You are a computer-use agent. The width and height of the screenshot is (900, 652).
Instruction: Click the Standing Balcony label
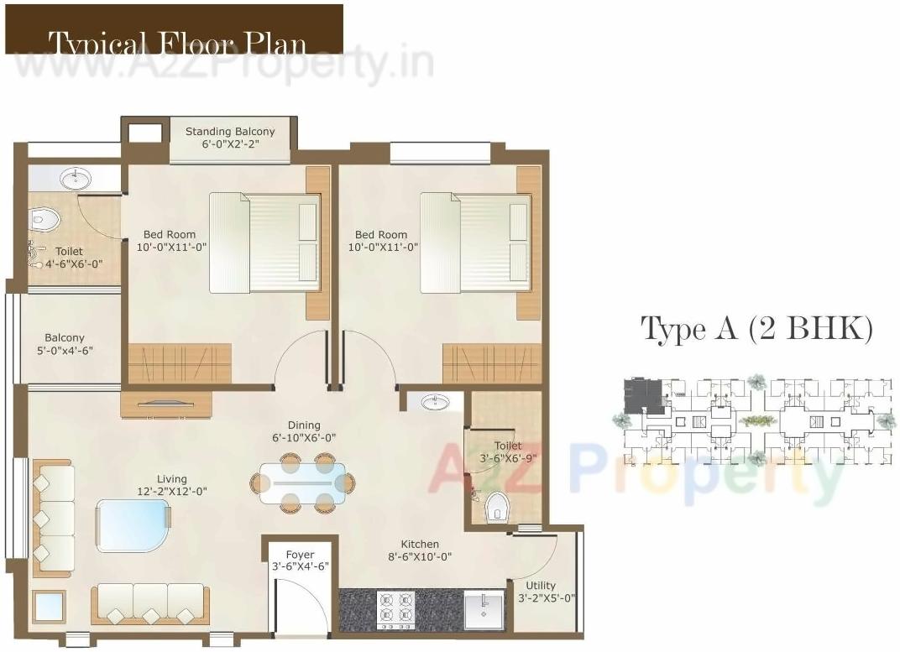(x=230, y=132)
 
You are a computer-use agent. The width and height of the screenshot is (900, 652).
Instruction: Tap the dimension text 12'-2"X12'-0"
(x=171, y=492)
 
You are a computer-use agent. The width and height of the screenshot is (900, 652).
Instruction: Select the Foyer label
(x=300, y=555)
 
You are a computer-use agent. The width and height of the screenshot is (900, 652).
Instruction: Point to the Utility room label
(x=541, y=586)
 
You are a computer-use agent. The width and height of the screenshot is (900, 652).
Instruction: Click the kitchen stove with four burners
(x=396, y=610)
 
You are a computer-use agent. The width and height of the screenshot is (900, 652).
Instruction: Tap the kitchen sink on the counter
(x=484, y=610)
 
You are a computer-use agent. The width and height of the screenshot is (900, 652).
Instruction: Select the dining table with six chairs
(x=302, y=483)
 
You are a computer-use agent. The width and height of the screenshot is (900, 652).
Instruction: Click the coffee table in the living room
(x=133, y=525)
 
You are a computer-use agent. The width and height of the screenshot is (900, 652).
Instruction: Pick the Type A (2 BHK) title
(x=756, y=328)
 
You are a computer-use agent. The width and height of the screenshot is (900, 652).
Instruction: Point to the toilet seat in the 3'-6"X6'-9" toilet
(x=498, y=507)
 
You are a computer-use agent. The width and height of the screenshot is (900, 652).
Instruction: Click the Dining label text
(x=304, y=425)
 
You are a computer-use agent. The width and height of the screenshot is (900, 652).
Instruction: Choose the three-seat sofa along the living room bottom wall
(x=150, y=604)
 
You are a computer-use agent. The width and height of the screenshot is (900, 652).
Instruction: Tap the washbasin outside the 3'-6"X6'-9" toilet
(x=435, y=402)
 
